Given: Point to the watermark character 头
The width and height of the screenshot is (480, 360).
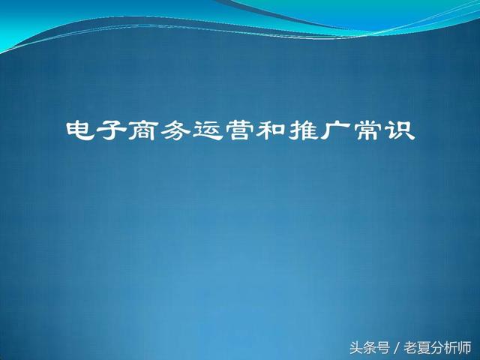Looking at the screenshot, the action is tap(356, 348).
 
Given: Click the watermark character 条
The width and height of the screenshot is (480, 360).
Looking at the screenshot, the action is tap(370, 348).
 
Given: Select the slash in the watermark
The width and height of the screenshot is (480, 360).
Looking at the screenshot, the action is tap(397, 348).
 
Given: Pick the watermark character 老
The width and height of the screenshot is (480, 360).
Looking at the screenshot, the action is tap(410, 348).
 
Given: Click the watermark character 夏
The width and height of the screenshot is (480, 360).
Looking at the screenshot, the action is tap(424, 348).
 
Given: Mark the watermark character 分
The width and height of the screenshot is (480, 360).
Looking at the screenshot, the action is tap(437, 348).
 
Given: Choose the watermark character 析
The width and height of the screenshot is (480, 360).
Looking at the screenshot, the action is tap(451, 348).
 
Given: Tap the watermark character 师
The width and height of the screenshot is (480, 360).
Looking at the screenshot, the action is tap(464, 348).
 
